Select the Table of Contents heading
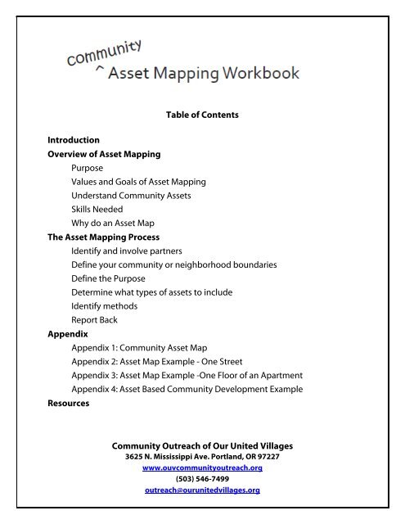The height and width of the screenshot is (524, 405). (202, 115)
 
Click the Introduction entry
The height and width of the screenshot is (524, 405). (74, 140)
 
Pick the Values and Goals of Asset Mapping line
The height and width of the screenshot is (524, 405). (138, 180)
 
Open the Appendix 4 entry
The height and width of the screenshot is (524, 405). (187, 389)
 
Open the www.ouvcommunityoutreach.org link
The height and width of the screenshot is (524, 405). (201, 467)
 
